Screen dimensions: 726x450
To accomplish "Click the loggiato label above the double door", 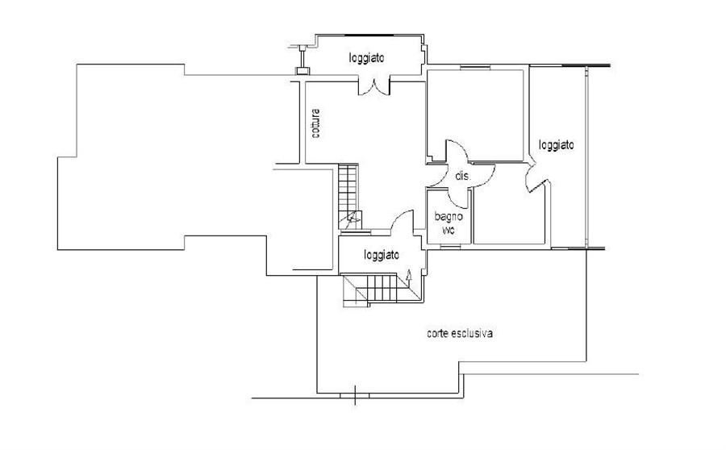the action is point(367,58).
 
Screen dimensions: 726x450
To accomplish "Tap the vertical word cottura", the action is point(315,123).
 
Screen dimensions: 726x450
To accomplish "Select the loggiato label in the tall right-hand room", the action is point(556,145).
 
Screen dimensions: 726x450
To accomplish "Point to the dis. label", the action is point(463,176).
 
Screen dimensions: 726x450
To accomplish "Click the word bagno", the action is point(449,216).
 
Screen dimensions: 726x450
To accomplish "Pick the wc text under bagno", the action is point(449,230).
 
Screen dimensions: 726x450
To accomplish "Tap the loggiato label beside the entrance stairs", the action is point(382,255).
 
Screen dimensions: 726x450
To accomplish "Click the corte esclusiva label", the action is point(459,333).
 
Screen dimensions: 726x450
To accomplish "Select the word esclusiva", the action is point(471,333).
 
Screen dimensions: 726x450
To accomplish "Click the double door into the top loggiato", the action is point(374,87).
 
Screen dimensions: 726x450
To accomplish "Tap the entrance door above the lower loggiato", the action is point(402,220).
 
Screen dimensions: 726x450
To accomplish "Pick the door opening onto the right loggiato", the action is point(537,176).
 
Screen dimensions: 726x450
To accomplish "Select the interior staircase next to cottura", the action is point(349,197).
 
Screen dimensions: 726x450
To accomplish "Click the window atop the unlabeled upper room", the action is point(475,68).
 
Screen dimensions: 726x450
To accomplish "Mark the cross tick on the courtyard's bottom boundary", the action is point(355,395).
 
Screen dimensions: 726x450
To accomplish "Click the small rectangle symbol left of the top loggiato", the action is point(302,71).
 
